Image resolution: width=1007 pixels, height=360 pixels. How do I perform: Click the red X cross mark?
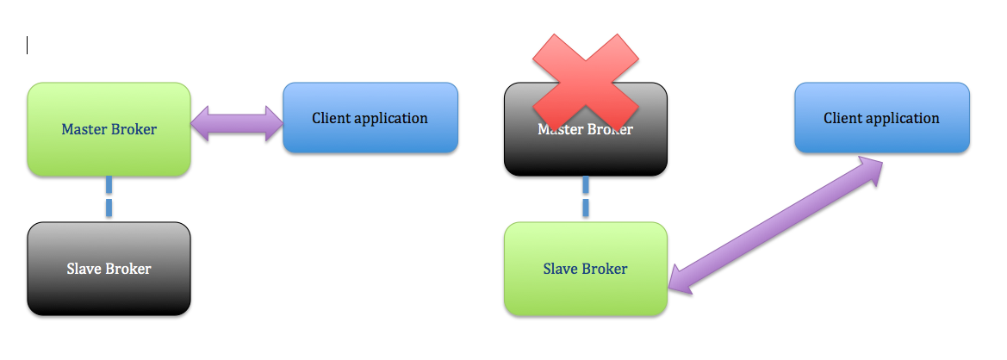586,80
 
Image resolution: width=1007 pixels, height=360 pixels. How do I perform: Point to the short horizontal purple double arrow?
236,124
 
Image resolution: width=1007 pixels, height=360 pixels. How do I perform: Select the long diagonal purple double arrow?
776,226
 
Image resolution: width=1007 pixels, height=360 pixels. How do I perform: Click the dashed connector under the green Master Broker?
109,198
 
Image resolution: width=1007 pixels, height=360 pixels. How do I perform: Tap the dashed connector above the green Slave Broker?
586,198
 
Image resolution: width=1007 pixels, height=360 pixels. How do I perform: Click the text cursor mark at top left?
28,46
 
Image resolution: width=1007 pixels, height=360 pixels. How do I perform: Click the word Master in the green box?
84,129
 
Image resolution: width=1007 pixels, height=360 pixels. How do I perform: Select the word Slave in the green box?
559,269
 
